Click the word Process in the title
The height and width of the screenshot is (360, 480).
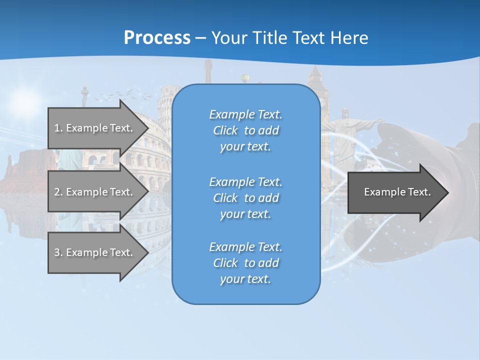157,38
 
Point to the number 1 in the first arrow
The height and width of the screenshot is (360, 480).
57,128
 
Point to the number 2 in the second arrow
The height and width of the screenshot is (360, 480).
57,192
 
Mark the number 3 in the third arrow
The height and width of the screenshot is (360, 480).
57,252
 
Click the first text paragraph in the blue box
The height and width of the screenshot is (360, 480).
245,130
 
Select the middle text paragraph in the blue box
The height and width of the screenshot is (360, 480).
245,197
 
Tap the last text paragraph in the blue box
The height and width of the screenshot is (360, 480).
245,263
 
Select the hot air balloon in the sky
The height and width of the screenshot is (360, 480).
245,78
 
